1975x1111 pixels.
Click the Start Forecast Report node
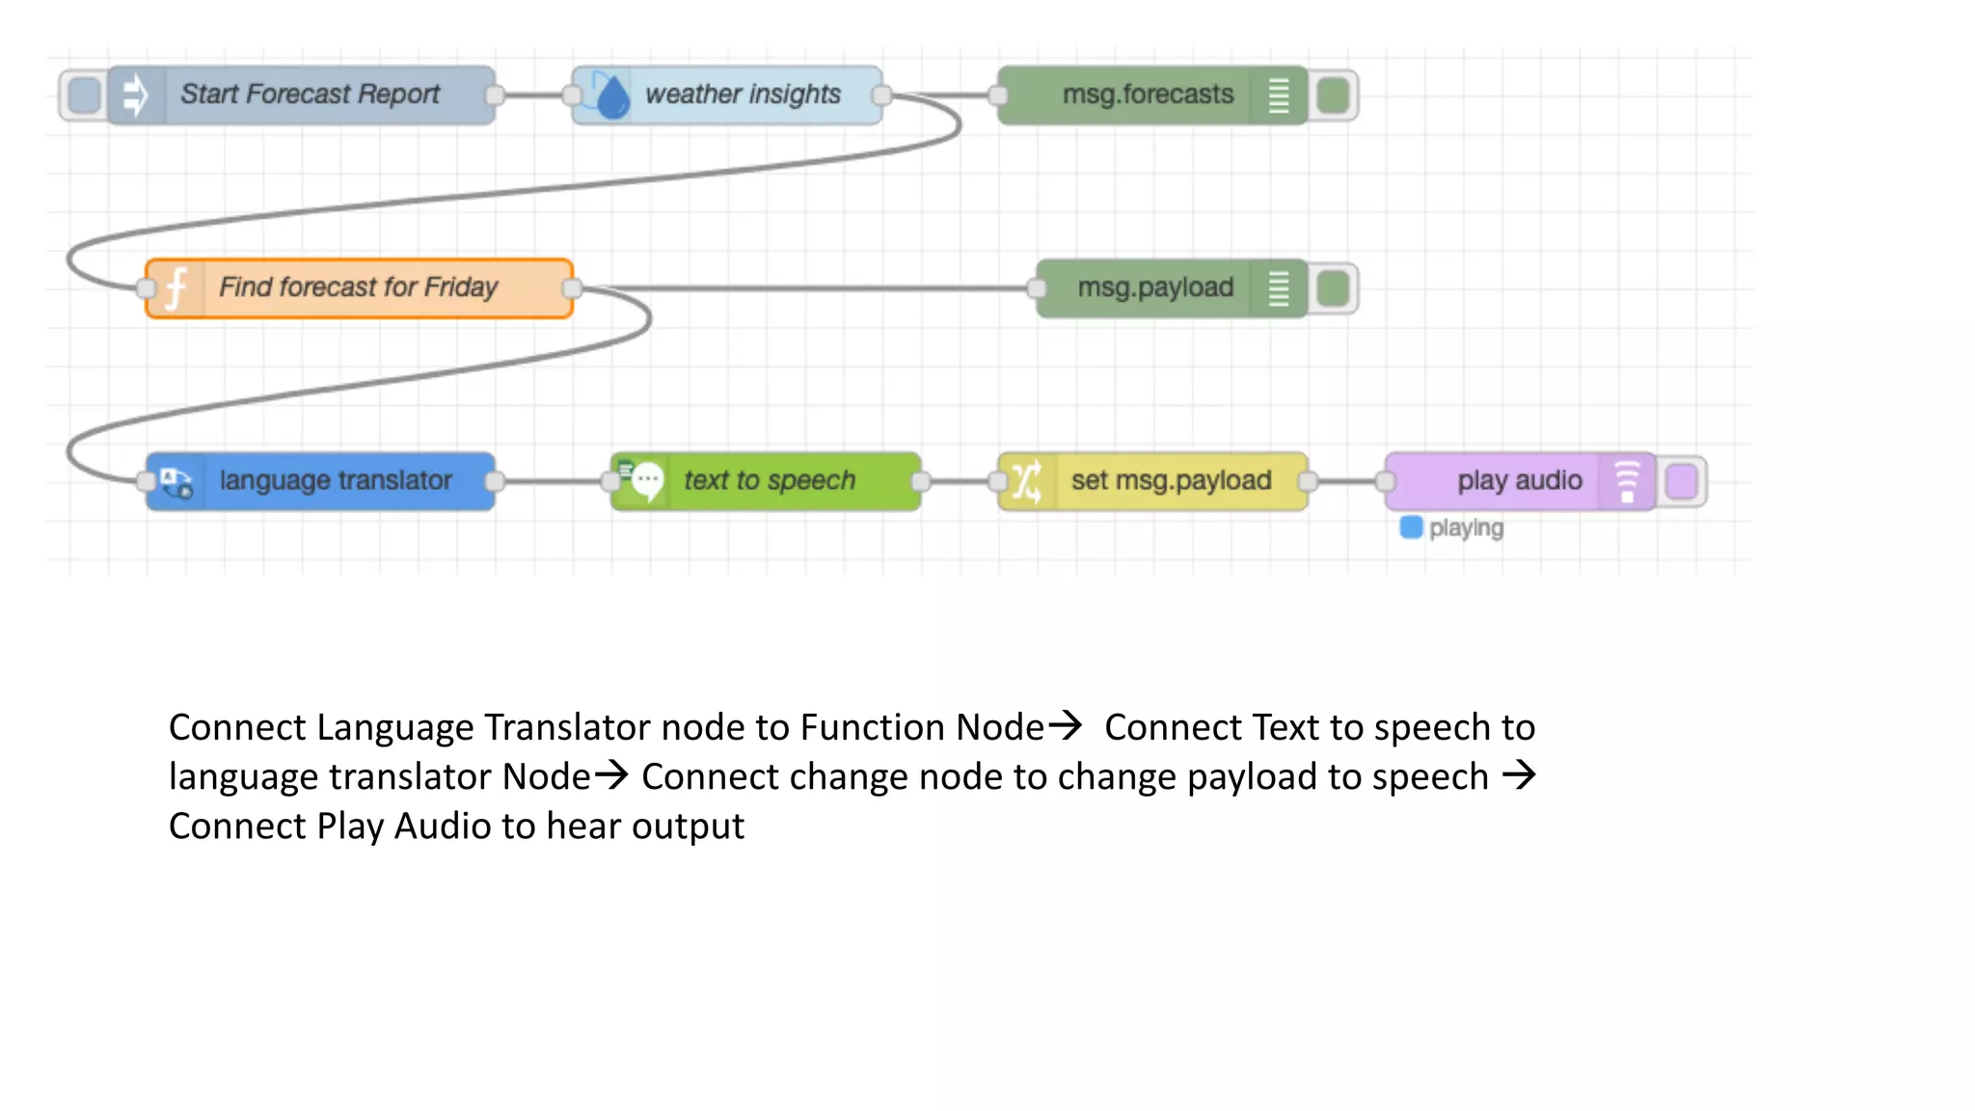pyautogui.click(x=309, y=95)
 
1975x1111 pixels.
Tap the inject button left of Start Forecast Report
pyautogui.click(x=85, y=95)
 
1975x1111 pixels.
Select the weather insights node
pyautogui.click(x=743, y=95)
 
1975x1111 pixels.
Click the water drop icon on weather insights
pyautogui.click(x=611, y=97)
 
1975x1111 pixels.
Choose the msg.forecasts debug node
pyautogui.click(x=1148, y=95)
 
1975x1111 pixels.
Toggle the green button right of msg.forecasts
pyautogui.click(x=1333, y=95)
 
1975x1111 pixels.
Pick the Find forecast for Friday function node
pyautogui.click(x=359, y=287)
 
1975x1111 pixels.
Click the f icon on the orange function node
pyautogui.click(x=176, y=288)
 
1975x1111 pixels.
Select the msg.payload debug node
pyautogui.click(x=1155, y=287)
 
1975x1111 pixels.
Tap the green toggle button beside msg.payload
pyautogui.click(x=1333, y=288)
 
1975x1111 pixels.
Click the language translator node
pyautogui.click(x=335, y=480)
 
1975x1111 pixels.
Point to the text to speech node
pyautogui.click(x=770, y=480)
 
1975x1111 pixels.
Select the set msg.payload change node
pyautogui.click(x=1171, y=480)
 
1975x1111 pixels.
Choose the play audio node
pyautogui.click(x=1519, y=480)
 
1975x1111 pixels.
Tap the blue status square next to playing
pyautogui.click(x=1411, y=528)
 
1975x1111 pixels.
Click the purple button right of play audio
pyautogui.click(x=1681, y=481)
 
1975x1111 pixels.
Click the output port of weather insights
pyautogui.click(x=880, y=95)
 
